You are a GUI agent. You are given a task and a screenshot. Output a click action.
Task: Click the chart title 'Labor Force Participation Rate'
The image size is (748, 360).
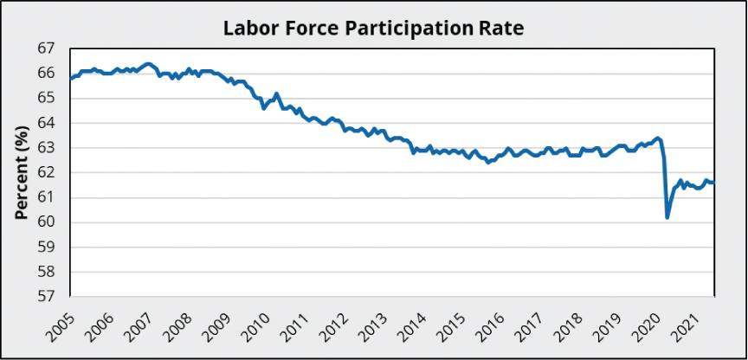coord(374,27)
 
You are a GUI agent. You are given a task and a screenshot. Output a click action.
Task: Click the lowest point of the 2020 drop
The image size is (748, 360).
coord(667,217)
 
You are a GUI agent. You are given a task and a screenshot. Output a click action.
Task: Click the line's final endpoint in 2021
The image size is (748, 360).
coord(713,182)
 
